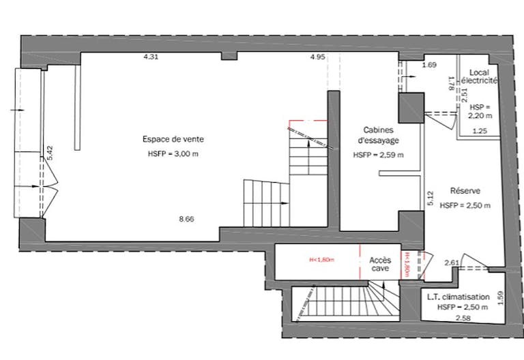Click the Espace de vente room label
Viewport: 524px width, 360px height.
coord(173,139)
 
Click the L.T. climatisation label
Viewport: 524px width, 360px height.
coord(458,297)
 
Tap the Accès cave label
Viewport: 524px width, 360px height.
coord(379,264)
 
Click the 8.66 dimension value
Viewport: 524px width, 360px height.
coord(186,220)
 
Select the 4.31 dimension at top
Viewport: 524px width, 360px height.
coord(151,57)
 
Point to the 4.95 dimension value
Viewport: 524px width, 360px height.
coord(317,57)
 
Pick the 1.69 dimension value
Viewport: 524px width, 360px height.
coord(429,65)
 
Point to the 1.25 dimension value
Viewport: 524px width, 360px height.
coord(480,130)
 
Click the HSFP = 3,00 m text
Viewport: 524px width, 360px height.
coord(173,154)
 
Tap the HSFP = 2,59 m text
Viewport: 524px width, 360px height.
coord(378,155)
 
